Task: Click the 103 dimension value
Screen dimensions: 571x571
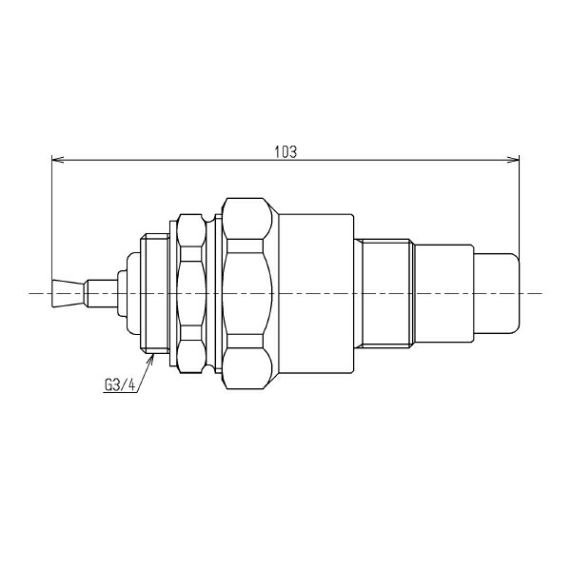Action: pos(285,152)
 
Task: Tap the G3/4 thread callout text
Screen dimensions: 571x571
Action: pos(120,385)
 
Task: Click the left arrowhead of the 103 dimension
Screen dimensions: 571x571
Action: pos(57,160)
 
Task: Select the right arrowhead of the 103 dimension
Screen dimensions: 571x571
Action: pos(513,160)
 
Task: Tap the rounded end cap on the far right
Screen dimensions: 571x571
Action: pos(497,293)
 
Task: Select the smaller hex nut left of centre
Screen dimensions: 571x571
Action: pos(191,293)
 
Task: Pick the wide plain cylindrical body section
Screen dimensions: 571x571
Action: pos(316,293)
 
